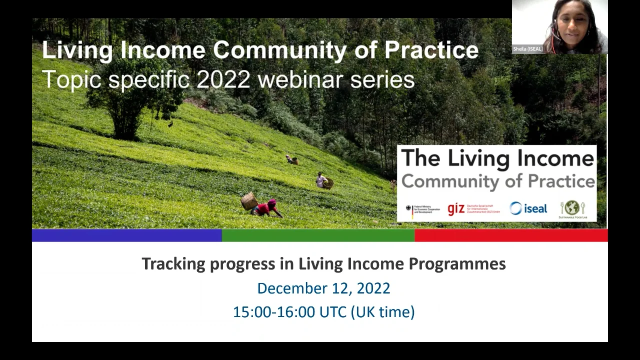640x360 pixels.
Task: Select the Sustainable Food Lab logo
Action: pos(572,209)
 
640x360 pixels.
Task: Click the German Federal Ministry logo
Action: pos(422,209)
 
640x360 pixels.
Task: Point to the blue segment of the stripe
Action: pos(126,235)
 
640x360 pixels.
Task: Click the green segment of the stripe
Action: pos(318,235)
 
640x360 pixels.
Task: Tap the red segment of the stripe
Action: pos(511,235)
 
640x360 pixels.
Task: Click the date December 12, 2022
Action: pos(323,288)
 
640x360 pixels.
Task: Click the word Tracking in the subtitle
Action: pos(173,264)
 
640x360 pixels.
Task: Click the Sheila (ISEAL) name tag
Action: pos(528,49)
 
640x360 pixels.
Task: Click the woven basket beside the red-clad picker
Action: pos(249,201)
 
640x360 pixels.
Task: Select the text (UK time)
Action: pos(382,312)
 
